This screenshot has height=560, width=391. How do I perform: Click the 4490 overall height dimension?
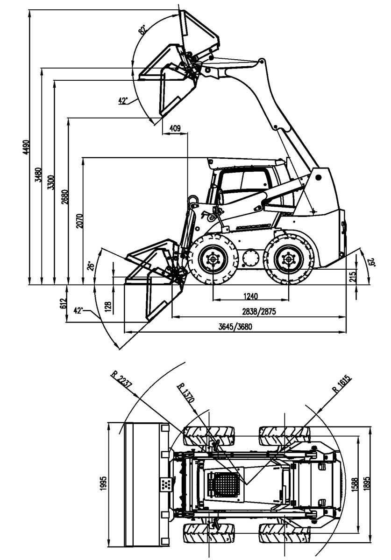coord(27,147)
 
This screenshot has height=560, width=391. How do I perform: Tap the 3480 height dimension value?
coord(38,175)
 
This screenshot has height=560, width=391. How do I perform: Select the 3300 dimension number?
coord(50,182)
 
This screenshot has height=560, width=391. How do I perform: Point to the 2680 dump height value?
coord(64,197)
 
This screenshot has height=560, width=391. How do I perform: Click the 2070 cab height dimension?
coord(79,221)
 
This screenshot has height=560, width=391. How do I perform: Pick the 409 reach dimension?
coord(175,128)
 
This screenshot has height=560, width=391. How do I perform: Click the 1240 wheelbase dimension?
coord(250,296)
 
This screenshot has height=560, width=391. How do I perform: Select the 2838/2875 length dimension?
coord(259,312)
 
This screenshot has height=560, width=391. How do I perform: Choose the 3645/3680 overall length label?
coord(235,327)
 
